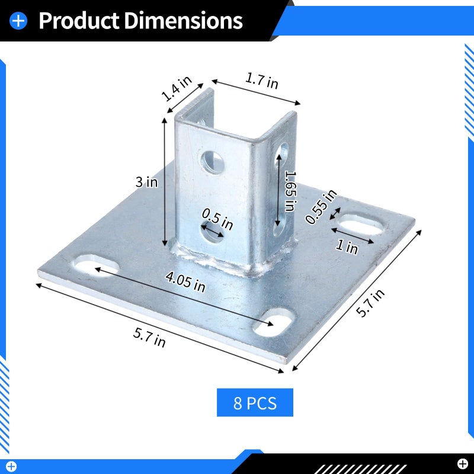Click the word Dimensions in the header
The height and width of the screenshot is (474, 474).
pyautogui.click(x=183, y=21)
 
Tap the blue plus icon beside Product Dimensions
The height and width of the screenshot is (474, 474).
pyautogui.click(x=18, y=21)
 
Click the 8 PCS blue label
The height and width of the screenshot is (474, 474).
pyautogui.click(x=255, y=403)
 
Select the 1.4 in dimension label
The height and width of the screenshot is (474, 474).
pyautogui.click(x=177, y=88)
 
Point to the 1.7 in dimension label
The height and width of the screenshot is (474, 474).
pyautogui.click(x=261, y=81)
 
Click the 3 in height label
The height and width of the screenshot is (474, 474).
pyautogui.click(x=146, y=182)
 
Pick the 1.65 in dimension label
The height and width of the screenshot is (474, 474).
pyautogui.click(x=290, y=191)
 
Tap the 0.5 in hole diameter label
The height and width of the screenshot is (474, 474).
pyautogui.click(x=217, y=219)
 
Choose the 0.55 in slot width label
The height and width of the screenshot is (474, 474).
pyautogui.click(x=321, y=207)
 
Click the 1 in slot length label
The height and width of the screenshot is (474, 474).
pyautogui.click(x=347, y=247)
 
